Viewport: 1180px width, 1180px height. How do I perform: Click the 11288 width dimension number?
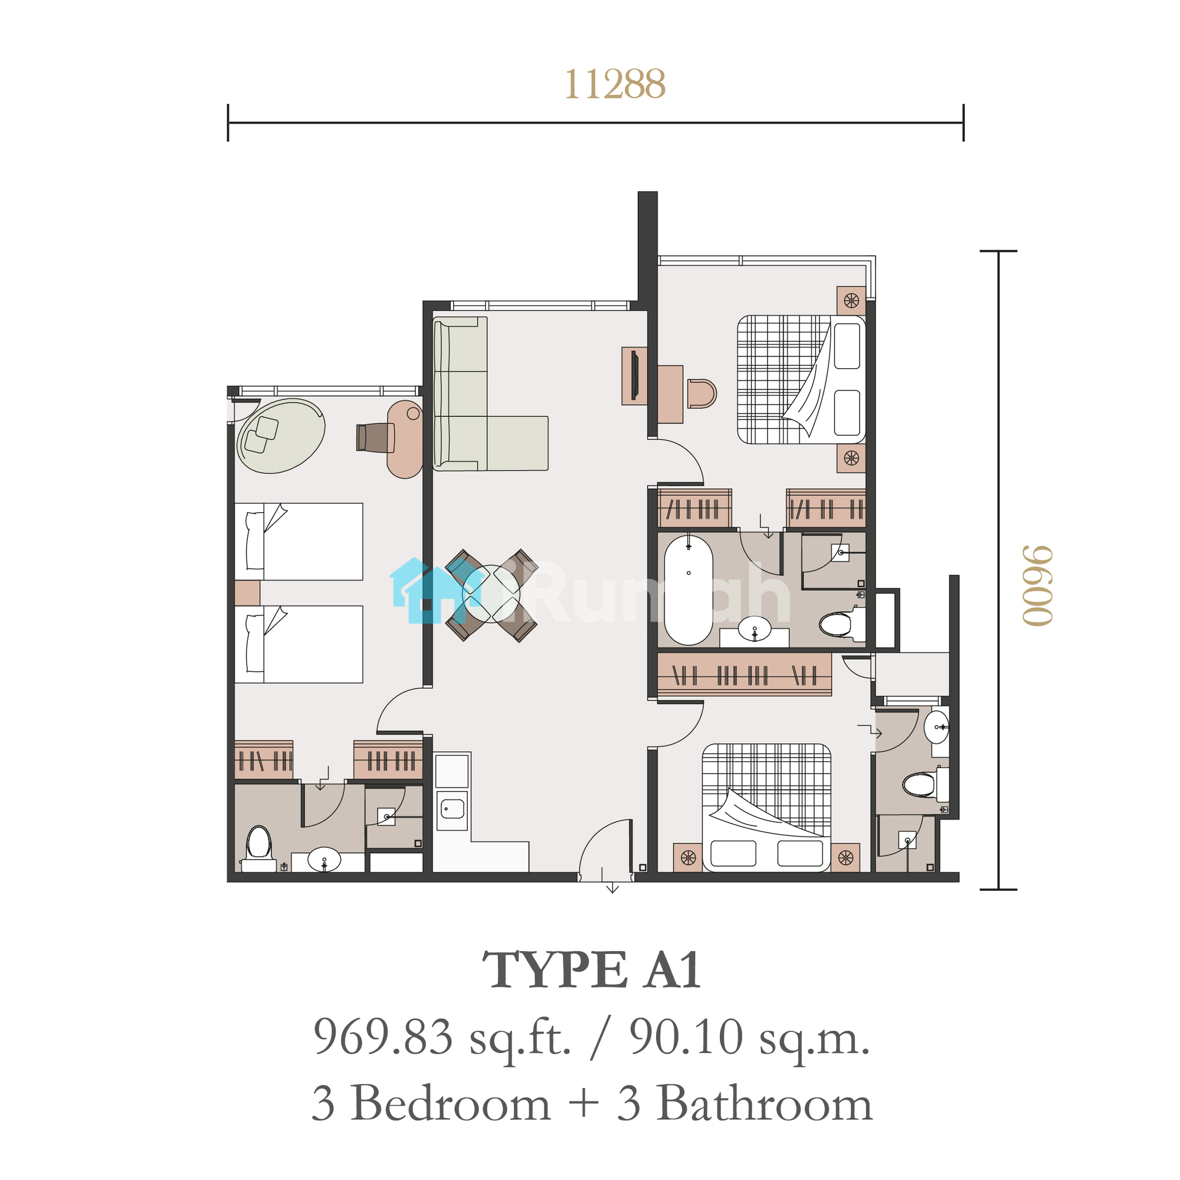click(614, 84)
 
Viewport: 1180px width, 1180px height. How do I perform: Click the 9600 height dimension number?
click(1038, 586)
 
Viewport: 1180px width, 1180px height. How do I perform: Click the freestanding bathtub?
click(689, 589)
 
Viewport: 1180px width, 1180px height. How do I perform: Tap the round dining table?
click(491, 594)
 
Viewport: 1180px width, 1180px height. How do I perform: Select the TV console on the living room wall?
click(635, 376)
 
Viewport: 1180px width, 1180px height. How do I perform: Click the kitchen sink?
click(453, 809)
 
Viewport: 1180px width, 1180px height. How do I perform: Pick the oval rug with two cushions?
click(281, 436)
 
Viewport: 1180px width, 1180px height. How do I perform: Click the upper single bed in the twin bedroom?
click(299, 541)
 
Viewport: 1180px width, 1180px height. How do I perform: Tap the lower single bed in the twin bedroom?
click(299, 644)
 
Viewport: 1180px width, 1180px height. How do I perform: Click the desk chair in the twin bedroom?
click(375, 437)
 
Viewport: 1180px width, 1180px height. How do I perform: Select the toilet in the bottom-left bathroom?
click(258, 848)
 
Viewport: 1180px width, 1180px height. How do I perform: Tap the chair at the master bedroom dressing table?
click(701, 394)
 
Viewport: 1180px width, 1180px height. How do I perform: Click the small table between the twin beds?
click(247, 592)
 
